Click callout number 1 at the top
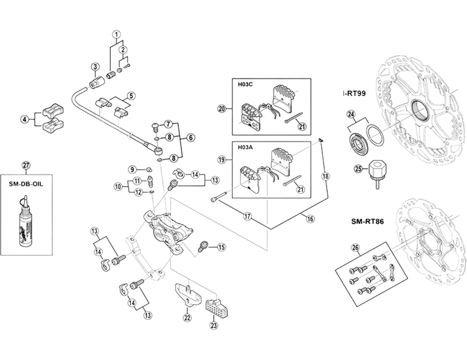pyautogui.click(x=117, y=34)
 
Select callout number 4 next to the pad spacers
pyautogui.click(x=25, y=120)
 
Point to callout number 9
pyautogui.click(x=133, y=169)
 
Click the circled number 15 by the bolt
pyautogui.click(x=221, y=247)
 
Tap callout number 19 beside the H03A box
pyautogui.click(x=221, y=159)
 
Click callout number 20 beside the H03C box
pyautogui.click(x=221, y=109)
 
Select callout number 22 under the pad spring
pyautogui.click(x=187, y=318)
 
